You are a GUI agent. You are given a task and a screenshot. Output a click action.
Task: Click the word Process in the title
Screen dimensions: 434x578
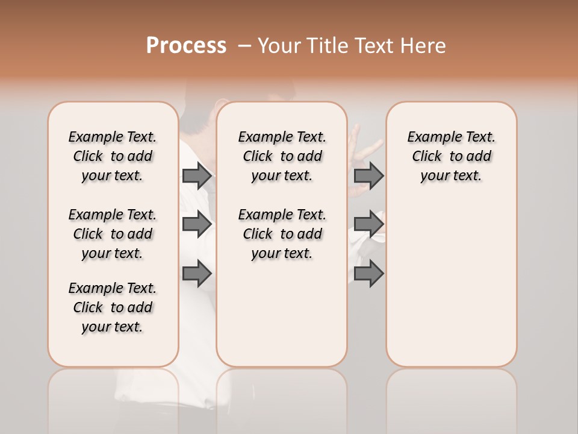pos(186,45)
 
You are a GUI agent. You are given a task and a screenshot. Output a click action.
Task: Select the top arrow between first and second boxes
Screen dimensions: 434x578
pos(197,175)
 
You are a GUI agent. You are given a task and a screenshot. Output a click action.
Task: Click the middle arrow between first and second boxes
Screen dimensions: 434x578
pos(197,224)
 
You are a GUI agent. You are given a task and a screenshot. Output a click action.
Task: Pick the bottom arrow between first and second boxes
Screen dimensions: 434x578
pos(197,273)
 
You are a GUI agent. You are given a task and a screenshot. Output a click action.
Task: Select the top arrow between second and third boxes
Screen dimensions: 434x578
pos(368,175)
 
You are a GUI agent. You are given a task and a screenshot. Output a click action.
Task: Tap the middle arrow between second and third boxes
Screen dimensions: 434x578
pos(368,224)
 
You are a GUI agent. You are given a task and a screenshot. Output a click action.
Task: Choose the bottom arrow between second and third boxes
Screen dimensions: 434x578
pos(368,273)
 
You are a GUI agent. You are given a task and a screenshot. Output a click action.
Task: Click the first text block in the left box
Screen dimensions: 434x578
pos(113,156)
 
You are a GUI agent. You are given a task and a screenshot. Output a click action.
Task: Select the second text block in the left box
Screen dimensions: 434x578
pos(113,234)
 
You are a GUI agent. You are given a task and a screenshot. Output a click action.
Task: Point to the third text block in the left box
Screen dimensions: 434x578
pos(113,307)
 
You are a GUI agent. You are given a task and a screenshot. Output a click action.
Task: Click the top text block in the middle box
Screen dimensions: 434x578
pos(282,156)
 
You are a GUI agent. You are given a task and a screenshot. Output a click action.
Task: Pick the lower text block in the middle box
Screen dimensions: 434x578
pos(282,234)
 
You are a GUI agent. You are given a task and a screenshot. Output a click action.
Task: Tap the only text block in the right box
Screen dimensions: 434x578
pos(451,156)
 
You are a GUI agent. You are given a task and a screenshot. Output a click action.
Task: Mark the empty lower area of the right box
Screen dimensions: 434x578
pos(451,283)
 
